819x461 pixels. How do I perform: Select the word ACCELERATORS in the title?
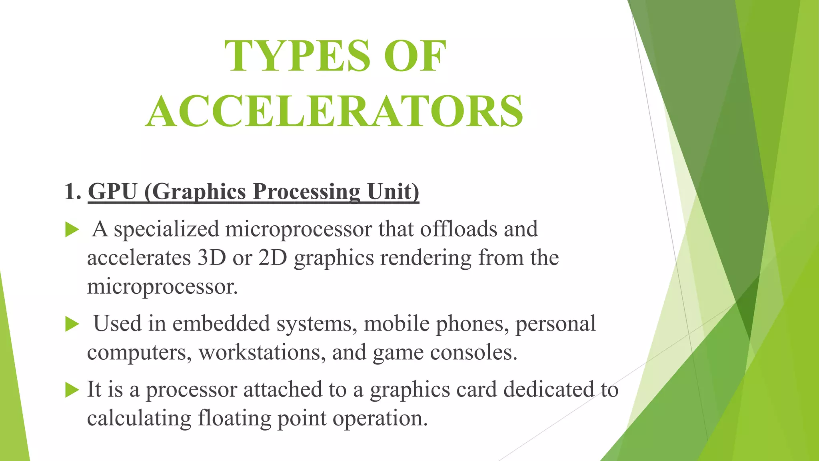[334, 111]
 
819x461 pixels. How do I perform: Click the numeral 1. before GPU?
[73, 191]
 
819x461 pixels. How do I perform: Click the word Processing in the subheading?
[307, 192]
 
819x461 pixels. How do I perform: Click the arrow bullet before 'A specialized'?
[72, 230]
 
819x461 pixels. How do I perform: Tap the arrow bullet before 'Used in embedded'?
[72, 324]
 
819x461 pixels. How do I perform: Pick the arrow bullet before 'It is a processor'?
[72, 390]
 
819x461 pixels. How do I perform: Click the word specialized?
[166, 230]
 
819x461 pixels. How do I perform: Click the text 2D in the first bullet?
[273, 258]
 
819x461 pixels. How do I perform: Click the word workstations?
[262, 353]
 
